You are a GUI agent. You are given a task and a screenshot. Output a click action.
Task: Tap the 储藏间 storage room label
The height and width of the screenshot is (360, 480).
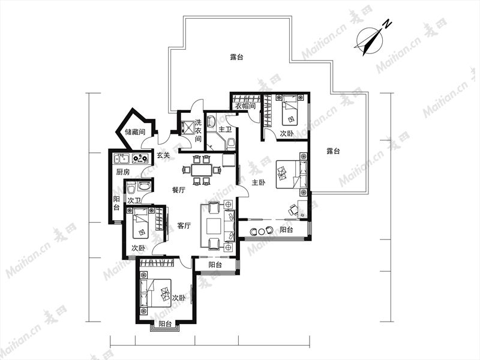135,132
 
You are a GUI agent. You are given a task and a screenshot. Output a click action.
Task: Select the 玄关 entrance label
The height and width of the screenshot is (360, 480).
163,155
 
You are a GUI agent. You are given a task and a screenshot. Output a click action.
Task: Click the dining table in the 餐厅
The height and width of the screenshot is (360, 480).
202,170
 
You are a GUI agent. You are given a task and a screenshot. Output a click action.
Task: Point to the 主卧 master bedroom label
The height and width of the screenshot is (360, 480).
259,182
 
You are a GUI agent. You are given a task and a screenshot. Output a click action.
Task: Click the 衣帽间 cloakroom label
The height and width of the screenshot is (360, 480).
245,106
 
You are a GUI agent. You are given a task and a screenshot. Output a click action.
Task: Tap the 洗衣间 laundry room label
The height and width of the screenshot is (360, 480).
199,131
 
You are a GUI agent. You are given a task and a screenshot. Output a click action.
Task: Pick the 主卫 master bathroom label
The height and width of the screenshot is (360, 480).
225,130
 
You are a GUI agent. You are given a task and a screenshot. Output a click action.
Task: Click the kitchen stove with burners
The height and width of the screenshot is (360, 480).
140,158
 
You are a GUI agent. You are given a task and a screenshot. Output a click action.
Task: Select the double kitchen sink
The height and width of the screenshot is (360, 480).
121,158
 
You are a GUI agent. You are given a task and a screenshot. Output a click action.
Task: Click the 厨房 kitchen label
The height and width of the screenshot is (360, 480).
123,172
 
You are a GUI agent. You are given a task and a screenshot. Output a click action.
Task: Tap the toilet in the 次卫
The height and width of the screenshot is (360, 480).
131,187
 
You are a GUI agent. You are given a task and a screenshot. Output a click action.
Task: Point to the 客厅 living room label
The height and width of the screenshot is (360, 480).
184,226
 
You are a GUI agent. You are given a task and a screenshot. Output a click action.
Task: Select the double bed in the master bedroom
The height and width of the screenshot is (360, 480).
292,175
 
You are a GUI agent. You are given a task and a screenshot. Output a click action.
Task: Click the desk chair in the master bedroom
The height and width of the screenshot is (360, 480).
293,210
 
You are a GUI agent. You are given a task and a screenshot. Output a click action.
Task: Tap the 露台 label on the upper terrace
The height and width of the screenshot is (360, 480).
236,57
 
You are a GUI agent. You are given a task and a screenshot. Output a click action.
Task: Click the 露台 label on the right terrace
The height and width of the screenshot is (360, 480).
333,151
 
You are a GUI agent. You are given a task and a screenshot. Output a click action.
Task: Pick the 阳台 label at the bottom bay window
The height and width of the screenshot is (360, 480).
165,324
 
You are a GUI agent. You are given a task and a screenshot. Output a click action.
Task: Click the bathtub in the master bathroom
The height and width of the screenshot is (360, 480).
211,121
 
